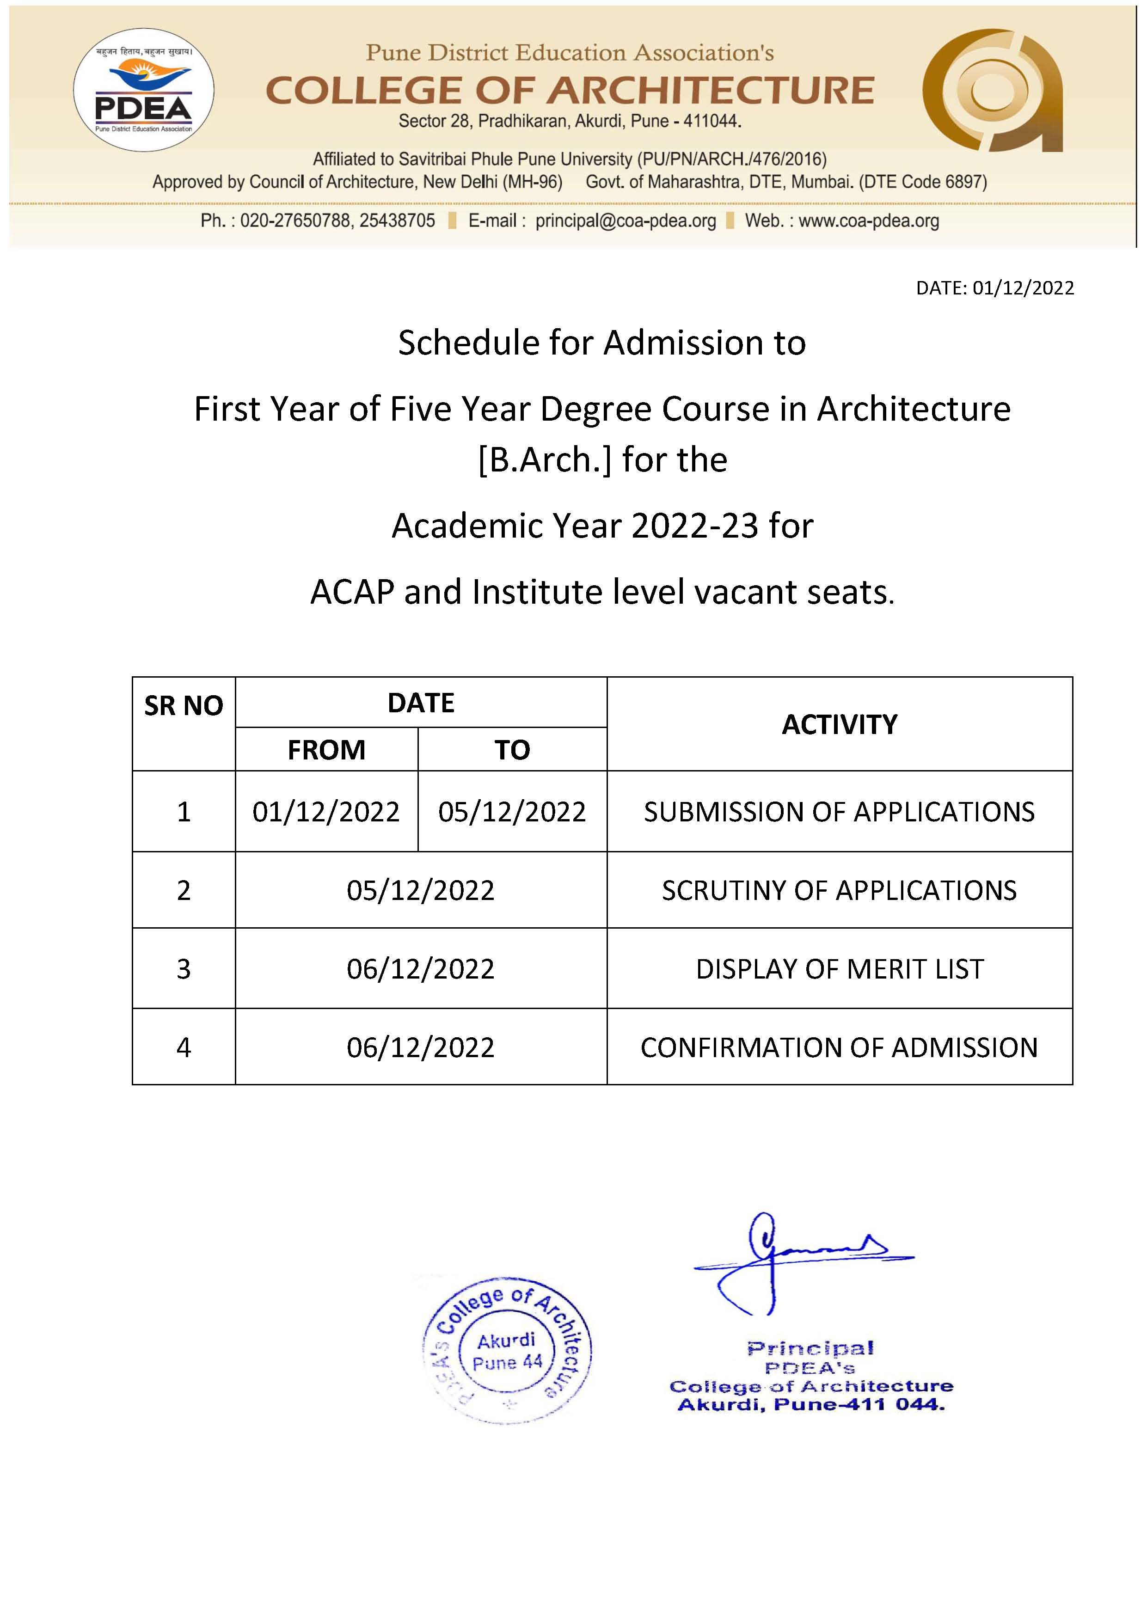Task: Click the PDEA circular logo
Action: pos(143,90)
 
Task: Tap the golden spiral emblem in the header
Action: pos(992,91)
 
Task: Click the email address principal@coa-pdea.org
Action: pos(626,220)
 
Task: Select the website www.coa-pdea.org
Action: pos(869,220)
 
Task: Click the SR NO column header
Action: pos(184,705)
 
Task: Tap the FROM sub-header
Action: pos(326,750)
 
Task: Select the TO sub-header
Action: pos(512,750)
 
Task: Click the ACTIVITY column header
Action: pos(839,724)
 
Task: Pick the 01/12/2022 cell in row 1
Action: pos(326,812)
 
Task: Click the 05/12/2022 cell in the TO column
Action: pos(512,812)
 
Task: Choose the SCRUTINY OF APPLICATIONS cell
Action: pos(839,890)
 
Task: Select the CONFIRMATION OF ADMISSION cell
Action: pos(839,1047)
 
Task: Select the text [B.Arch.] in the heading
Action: pos(544,460)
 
